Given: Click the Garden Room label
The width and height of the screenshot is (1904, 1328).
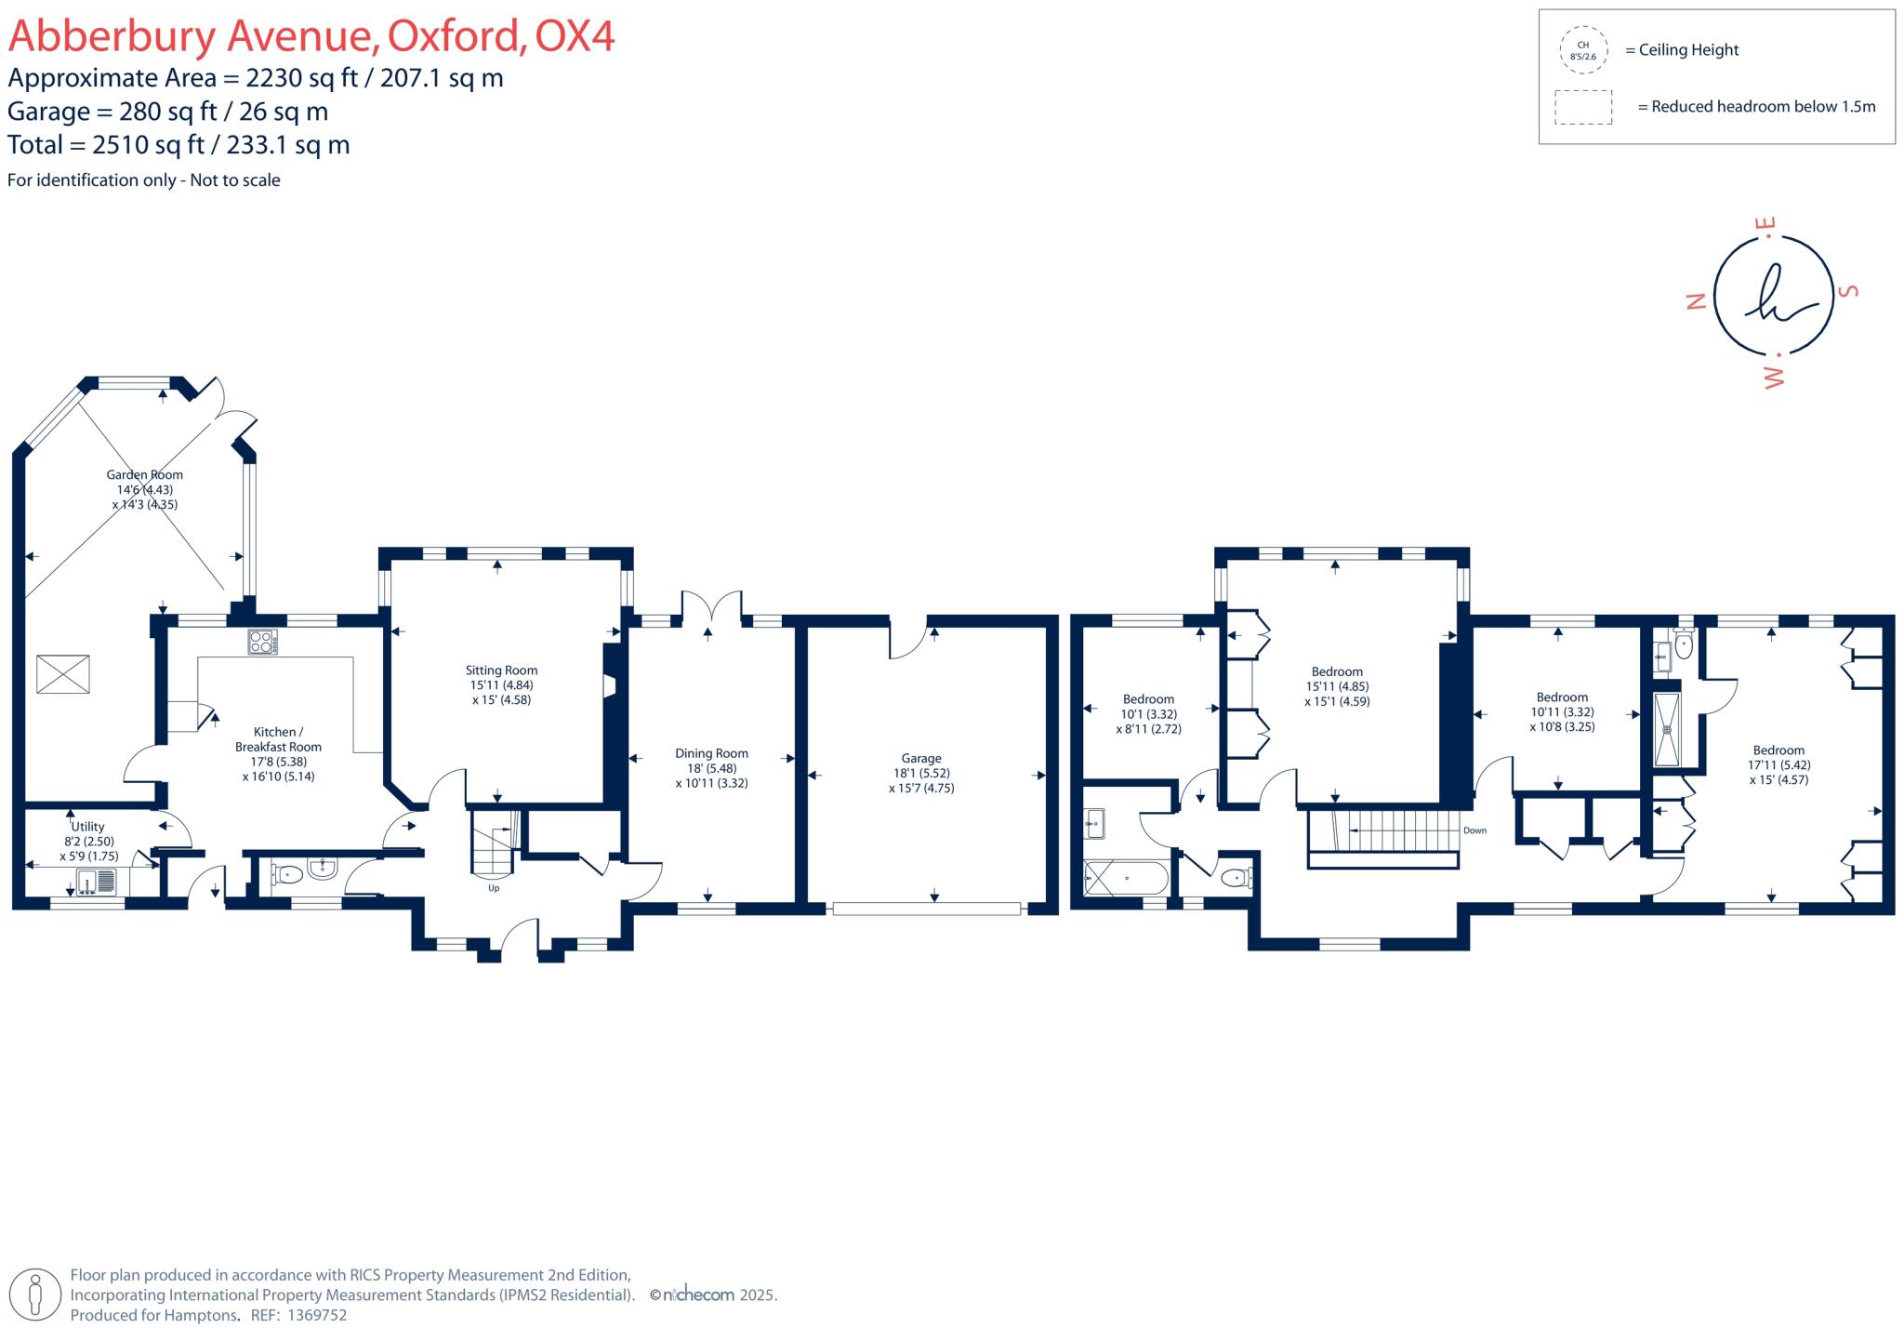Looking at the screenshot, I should [x=144, y=474].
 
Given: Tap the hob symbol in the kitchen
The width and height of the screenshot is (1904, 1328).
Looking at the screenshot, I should [x=262, y=642].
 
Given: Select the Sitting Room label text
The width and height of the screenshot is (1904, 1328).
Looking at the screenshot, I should [x=501, y=670].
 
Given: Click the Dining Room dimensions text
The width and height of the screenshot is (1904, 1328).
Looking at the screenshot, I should [x=711, y=776].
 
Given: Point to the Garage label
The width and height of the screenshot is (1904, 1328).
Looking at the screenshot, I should [x=920, y=758].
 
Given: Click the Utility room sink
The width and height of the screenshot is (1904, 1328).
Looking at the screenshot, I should [x=97, y=881].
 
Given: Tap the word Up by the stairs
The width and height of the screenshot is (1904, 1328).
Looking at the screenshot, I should [x=494, y=888].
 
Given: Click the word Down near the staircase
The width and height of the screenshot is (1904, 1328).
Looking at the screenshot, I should [x=1474, y=830].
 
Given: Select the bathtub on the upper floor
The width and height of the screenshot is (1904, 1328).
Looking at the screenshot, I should [x=1126, y=878].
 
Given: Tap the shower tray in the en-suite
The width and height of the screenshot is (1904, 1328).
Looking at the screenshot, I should [x=1668, y=729].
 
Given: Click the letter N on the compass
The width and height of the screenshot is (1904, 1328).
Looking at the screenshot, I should [x=1696, y=301].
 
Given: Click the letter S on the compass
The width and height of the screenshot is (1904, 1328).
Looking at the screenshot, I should [x=1849, y=291].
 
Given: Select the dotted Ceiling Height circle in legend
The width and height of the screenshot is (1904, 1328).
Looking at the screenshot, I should [x=1582, y=50].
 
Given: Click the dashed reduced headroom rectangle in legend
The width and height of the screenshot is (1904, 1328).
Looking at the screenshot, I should [x=1582, y=107].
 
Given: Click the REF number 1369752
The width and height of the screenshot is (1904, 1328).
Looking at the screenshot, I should [x=317, y=1315].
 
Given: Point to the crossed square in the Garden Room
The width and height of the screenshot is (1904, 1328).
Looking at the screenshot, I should [x=63, y=674].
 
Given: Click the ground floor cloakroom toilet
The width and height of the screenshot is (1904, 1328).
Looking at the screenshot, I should [x=287, y=873].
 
